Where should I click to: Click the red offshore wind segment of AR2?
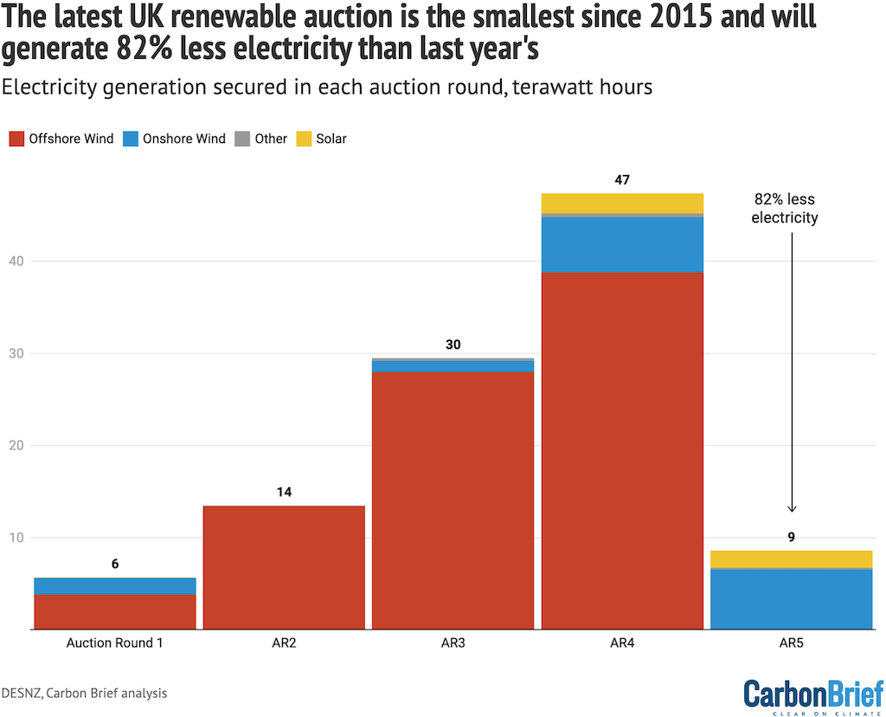tap(284, 567)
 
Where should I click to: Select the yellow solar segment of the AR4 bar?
tap(622, 203)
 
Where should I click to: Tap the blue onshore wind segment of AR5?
tap(791, 598)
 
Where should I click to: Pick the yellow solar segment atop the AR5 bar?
tap(791, 559)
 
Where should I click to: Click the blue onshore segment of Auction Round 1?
tap(115, 585)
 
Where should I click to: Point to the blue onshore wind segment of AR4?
tap(622, 244)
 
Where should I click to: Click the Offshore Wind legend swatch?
tap(16, 139)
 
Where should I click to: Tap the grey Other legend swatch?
tap(243, 139)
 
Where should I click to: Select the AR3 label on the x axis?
tap(453, 643)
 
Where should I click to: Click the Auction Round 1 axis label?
tap(115, 643)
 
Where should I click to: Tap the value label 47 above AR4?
tap(622, 180)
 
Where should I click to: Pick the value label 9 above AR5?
tap(791, 537)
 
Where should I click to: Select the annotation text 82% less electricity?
tap(784, 208)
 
